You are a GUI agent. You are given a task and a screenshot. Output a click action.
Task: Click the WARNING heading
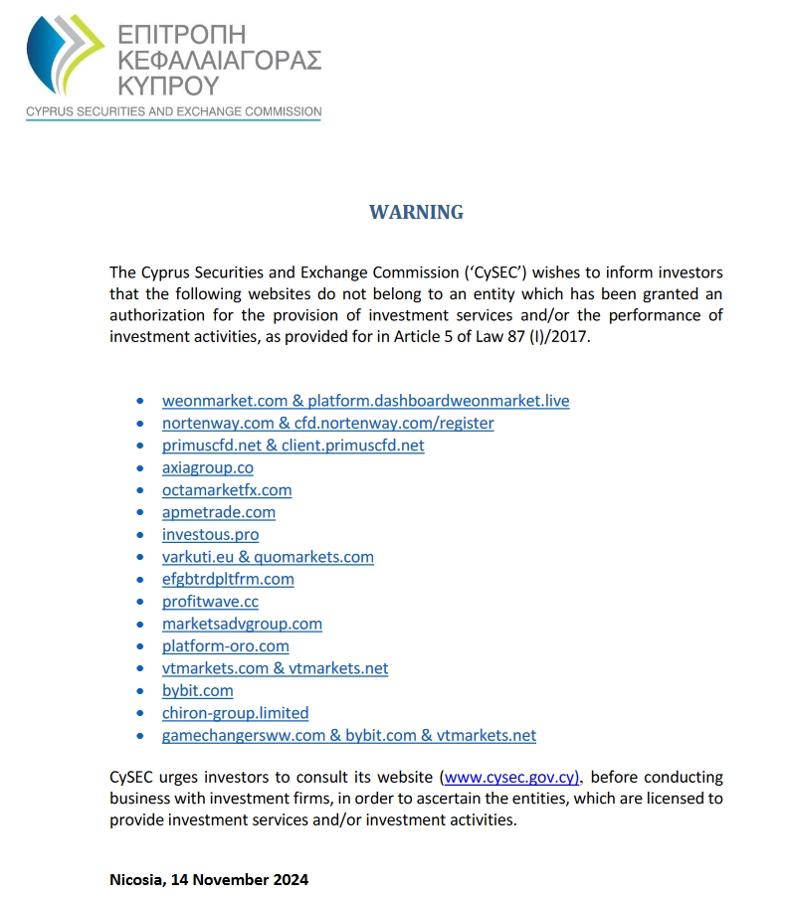point(416,212)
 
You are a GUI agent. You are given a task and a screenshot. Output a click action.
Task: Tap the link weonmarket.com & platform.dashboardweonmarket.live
point(365,401)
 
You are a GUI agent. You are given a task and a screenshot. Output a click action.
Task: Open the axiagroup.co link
point(207,467)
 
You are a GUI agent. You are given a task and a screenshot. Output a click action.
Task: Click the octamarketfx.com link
point(227,490)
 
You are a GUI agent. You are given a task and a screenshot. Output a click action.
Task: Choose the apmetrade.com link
point(218,512)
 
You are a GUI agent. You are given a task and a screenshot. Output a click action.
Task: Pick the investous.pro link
point(210,535)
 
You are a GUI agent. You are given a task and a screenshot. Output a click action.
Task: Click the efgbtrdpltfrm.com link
point(228,579)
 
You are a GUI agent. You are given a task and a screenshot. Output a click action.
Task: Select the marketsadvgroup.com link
point(242,624)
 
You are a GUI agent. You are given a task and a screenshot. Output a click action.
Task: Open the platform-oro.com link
point(225,646)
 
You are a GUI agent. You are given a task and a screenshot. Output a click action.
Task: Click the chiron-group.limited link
point(235,713)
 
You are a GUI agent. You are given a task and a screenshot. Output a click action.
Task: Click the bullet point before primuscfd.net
point(139,447)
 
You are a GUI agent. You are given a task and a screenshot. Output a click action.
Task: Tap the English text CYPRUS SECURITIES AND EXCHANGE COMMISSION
point(174,112)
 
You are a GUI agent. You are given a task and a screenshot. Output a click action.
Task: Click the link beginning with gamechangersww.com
point(348,736)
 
